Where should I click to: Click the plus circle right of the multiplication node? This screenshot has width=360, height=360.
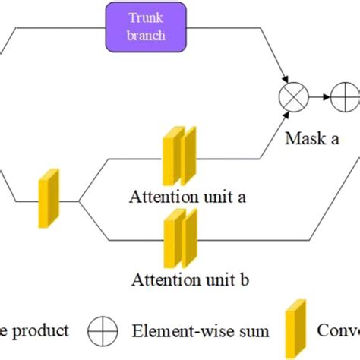(344, 98)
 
